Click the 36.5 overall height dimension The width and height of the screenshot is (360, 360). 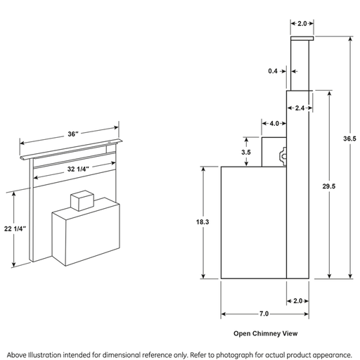pyautogui.click(x=349, y=139)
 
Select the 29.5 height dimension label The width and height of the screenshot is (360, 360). pyautogui.click(x=329, y=186)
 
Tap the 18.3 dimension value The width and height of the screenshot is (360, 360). pyautogui.click(x=202, y=221)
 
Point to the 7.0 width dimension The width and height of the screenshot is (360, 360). pyautogui.click(x=264, y=314)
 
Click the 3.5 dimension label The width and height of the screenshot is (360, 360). pyautogui.click(x=246, y=153)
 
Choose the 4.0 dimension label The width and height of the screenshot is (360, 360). pyautogui.click(x=274, y=124)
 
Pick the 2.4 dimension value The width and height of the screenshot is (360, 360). pyautogui.click(x=300, y=108)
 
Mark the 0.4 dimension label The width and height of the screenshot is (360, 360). pyautogui.click(x=273, y=71)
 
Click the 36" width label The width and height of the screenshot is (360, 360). pyautogui.click(x=73, y=134)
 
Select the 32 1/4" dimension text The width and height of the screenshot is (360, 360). pyautogui.click(x=78, y=169)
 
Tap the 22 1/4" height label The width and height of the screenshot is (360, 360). pyautogui.click(x=15, y=229)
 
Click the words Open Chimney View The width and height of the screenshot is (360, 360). pyautogui.click(x=266, y=333)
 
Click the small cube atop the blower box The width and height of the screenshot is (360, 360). pyautogui.click(x=82, y=200)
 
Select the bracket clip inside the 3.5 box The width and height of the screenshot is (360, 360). pyautogui.click(x=283, y=156)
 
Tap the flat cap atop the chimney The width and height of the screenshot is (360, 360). pyautogui.click(x=302, y=39)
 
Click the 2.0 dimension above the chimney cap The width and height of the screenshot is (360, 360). pyautogui.click(x=302, y=24)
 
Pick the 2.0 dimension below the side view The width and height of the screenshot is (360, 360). pyautogui.click(x=298, y=301)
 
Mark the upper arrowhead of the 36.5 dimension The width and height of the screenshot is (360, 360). pyautogui.click(x=350, y=39)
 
